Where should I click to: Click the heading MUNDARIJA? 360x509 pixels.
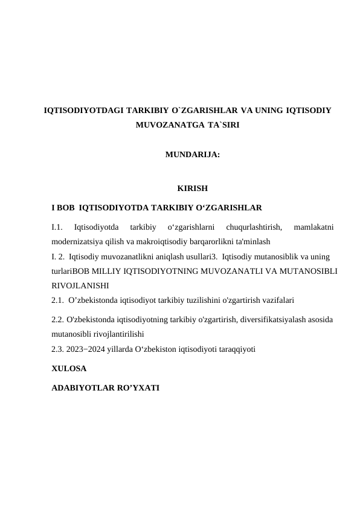coord(192,155)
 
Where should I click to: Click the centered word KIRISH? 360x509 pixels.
coord(193,189)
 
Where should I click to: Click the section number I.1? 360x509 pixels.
coord(57,227)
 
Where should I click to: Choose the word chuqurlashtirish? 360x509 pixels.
coord(249,227)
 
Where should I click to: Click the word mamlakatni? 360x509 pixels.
coord(313,227)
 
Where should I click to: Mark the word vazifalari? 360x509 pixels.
coord(276,299)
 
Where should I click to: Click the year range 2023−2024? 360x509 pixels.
coord(86,349)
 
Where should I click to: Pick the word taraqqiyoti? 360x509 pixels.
coord(235,349)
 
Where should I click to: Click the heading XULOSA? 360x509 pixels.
coord(69,368)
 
